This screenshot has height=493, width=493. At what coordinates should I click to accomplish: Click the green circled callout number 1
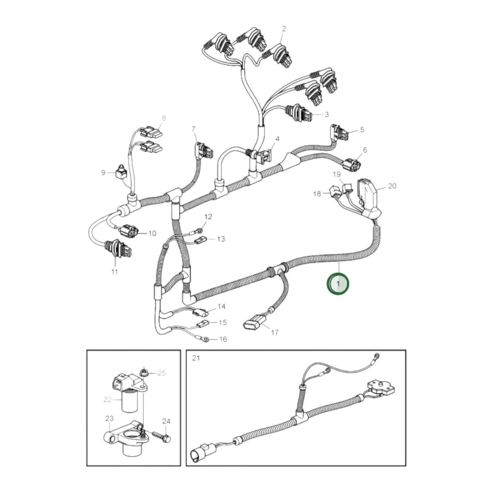[338, 284]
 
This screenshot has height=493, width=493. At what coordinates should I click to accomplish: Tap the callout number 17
[275, 332]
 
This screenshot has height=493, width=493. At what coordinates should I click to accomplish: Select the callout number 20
[392, 186]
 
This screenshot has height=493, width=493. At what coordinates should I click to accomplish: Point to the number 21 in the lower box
[196, 358]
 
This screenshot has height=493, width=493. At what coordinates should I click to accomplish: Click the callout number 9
[103, 173]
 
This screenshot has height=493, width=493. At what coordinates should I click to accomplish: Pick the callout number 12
[208, 217]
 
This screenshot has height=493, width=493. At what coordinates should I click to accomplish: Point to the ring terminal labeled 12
[200, 232]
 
